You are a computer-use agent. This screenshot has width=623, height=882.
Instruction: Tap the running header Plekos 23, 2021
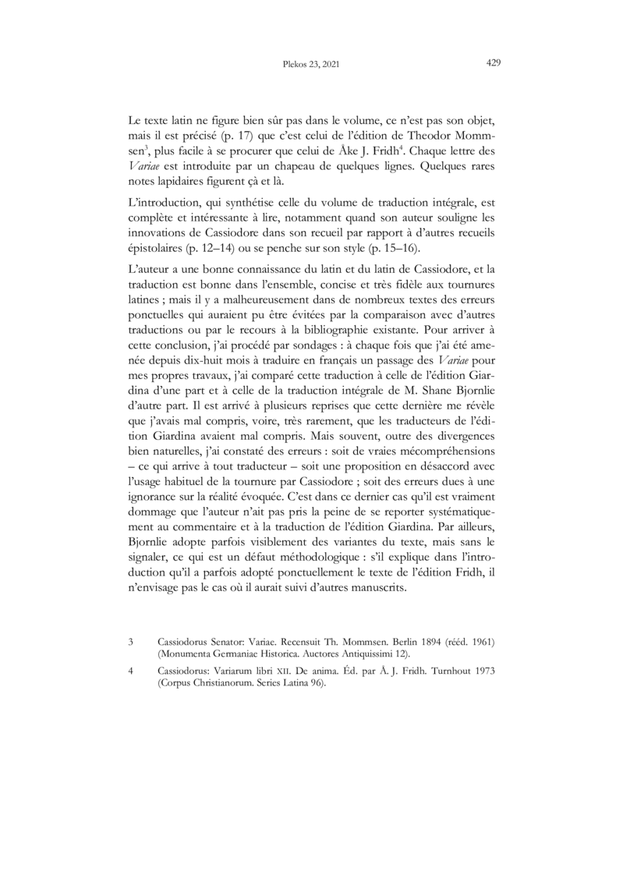tap(311, 66)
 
